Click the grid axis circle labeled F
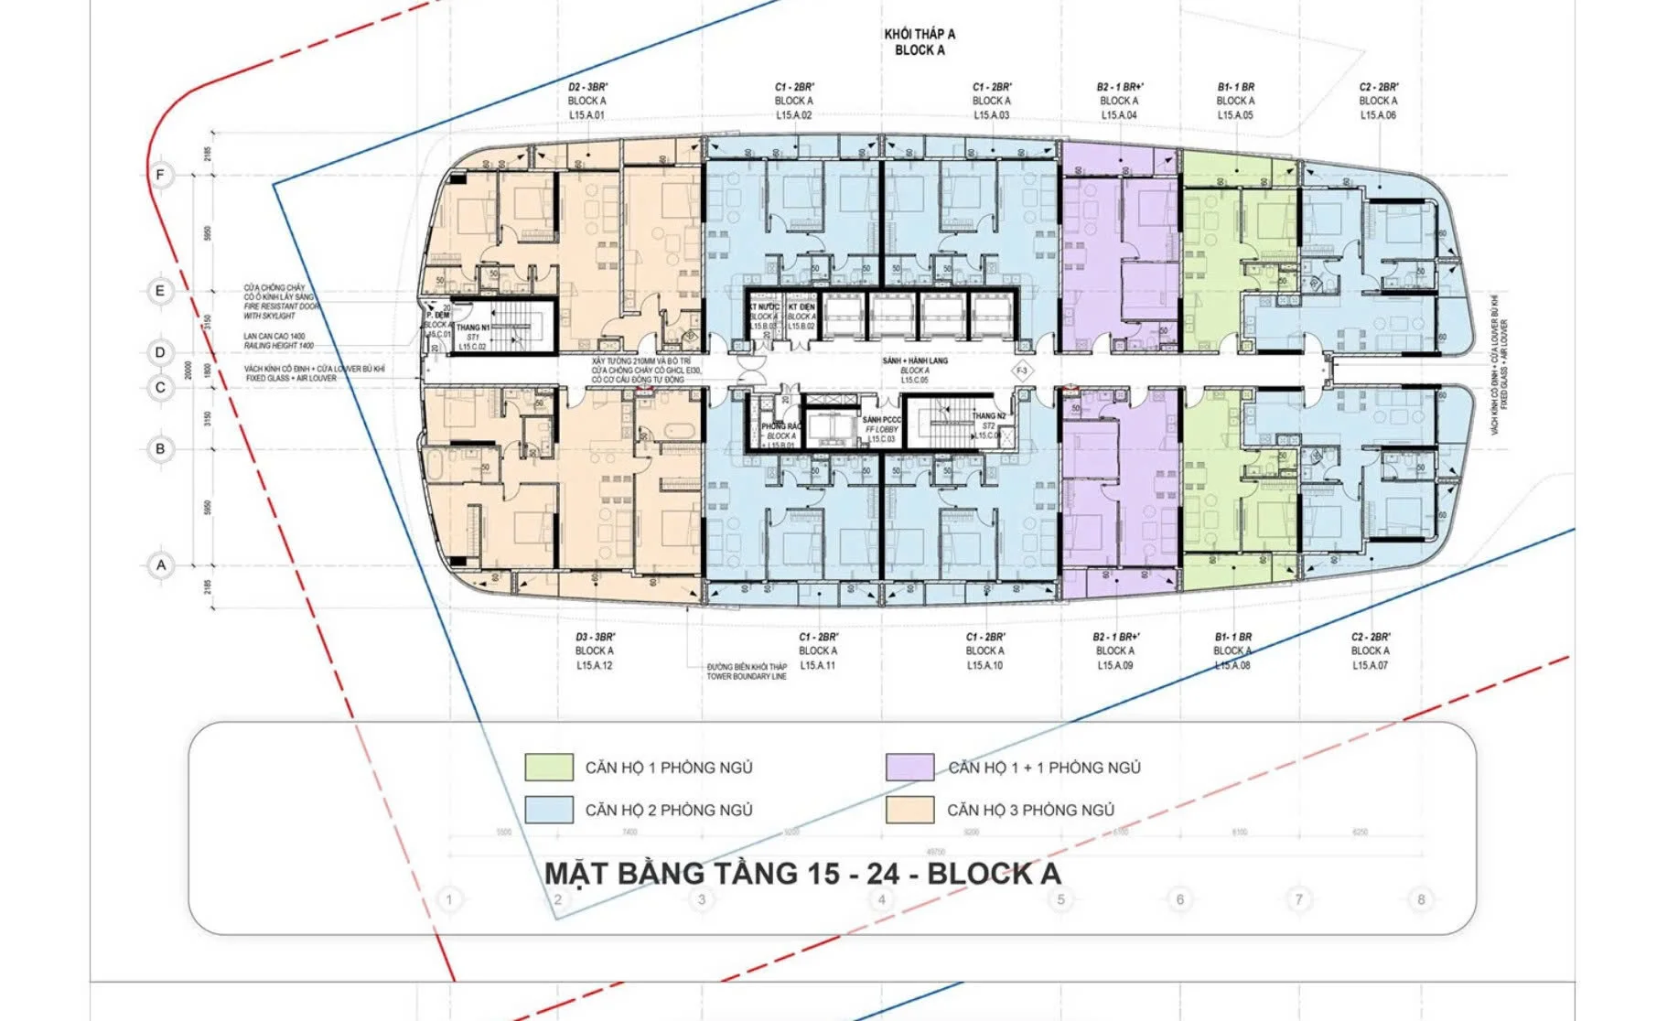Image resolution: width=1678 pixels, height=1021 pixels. pos(161,175)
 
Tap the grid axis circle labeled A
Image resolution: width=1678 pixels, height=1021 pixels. pos(161,564)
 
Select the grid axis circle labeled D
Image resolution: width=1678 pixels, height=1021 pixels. pos(161,352)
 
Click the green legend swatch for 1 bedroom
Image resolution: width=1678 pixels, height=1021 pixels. pos(549,767)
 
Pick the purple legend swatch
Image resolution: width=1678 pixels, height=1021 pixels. pos(909,767)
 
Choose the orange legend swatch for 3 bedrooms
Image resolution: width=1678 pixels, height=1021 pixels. pos(909,810)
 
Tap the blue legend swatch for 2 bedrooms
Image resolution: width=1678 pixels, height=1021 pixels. pos(549,810)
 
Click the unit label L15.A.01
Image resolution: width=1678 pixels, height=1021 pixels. pos(586,115)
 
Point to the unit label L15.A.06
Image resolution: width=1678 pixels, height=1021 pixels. pos(1378,115)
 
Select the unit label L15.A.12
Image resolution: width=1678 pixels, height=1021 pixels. pos(595,665)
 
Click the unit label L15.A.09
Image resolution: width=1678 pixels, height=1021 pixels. pos(1115,665)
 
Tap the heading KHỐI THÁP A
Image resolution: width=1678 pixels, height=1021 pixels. pos(920,35)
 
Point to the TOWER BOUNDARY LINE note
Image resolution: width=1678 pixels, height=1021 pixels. pos(747,676)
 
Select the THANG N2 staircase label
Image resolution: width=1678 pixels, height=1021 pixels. pos(989,416)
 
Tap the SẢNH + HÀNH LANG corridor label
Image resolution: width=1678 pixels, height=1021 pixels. pos(915,361)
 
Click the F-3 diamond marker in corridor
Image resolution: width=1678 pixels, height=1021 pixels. pos(1023,371)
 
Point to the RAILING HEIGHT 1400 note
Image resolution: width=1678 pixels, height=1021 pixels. pos(279,346)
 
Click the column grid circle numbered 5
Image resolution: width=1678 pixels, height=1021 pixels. pos(1060,899)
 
